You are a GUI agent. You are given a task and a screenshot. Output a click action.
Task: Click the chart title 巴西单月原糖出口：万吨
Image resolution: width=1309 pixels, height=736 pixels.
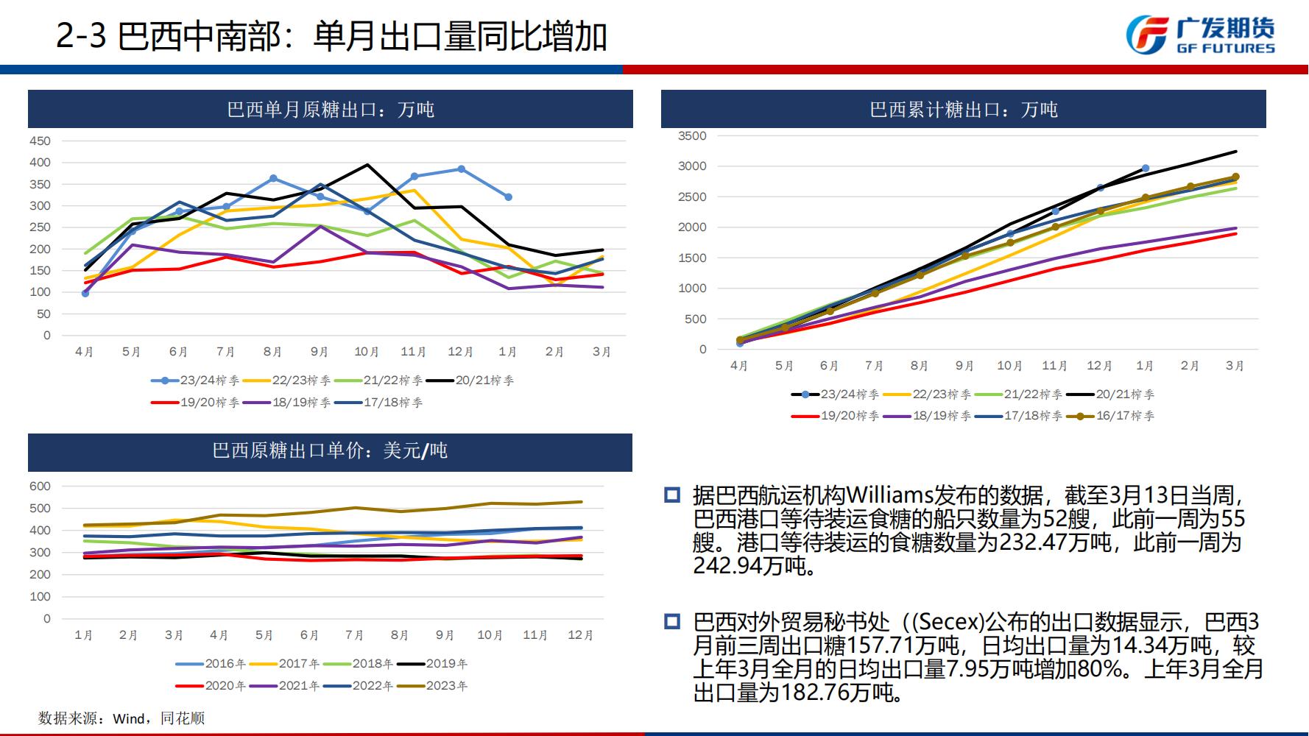point(331,110)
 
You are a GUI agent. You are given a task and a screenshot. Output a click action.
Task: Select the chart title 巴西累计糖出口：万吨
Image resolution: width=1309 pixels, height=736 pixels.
point(963,110)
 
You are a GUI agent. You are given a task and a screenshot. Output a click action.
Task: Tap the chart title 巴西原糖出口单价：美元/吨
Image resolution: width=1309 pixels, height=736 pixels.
point(330,450)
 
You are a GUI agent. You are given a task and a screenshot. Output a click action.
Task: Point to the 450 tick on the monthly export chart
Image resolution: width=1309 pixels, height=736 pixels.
point(40,141)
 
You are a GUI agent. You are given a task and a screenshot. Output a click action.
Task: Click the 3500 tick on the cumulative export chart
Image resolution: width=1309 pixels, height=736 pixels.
point(691,136)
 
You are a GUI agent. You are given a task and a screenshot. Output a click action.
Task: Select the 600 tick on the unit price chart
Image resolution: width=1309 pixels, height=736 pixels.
point(40,486)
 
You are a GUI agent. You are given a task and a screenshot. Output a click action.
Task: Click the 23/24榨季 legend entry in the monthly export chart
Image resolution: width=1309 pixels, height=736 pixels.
point(195,381)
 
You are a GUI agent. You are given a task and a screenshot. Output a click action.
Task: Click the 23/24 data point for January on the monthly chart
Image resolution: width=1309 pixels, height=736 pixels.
point(508,197)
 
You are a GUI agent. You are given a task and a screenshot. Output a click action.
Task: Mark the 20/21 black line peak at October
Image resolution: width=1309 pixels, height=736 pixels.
point(367,165)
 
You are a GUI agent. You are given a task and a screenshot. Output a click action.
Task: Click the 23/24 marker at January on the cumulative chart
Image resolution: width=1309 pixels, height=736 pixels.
point(1146,169)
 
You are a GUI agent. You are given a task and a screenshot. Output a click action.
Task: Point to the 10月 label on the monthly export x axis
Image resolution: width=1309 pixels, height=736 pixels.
point(367,352)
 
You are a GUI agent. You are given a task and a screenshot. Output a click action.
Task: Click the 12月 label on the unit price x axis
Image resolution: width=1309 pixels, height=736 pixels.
point(580,635)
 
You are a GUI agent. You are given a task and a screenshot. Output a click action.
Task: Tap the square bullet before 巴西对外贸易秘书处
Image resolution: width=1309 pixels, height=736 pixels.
point(672,622)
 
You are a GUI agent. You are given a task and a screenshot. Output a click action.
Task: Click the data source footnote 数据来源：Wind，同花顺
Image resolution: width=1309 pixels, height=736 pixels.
point(121,718)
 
